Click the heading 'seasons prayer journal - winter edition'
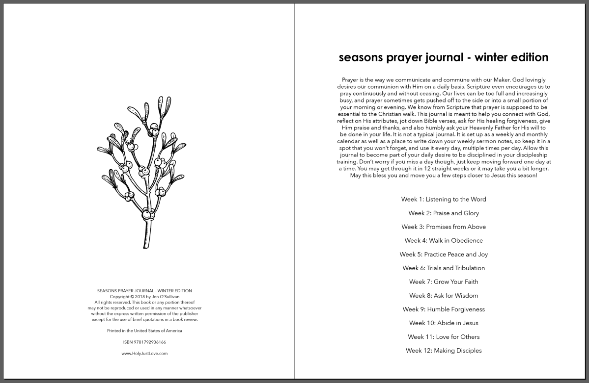point(443,57)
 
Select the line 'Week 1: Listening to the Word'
point(443,200)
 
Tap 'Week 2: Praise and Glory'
point(443,213)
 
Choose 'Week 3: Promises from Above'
point(443,227)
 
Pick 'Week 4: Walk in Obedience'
point(443,241)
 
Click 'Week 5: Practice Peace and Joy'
point(443,255)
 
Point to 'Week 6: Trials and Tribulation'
point(443,268)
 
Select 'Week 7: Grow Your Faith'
point(443,282)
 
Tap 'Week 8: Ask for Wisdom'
point(443,296)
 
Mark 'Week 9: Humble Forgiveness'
point(443,309)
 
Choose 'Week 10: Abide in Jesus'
point(443,323)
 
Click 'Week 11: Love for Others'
point(443,337)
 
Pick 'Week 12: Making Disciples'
point(443,351)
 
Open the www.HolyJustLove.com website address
point(144,353)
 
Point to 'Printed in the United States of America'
point(144,331)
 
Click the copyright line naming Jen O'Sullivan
point(144,297)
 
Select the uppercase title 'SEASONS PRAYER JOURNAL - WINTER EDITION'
point(144,291)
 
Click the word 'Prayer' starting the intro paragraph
point(349,80)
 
